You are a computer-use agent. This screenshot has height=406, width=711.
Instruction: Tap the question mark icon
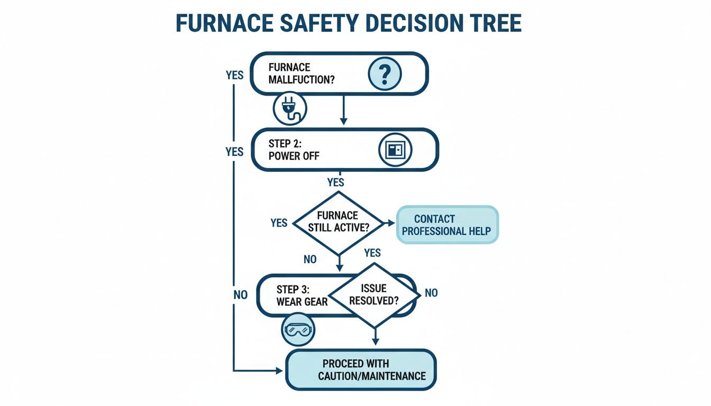[x=385, y=74]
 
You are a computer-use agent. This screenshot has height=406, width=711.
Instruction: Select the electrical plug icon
[x=290, y=108]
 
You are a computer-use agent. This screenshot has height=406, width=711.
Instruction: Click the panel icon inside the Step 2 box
[x=395, y=150]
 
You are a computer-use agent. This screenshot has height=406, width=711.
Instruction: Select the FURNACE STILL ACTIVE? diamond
[x=338, y=222]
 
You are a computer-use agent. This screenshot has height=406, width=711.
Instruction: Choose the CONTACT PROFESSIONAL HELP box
[x=447, y=225]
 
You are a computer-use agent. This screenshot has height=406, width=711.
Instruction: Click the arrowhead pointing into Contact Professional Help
[x=391, y=223]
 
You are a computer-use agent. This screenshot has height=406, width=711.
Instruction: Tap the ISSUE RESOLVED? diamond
[x=374, y=295]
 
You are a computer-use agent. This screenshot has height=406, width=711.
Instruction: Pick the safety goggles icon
[x=298, y=330]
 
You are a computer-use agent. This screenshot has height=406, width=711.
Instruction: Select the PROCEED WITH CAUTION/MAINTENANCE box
[x=361, y=370]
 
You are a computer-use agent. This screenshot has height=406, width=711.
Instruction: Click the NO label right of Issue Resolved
[x=431, y=293]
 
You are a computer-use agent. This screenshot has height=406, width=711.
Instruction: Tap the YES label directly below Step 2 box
[x=335, y=182]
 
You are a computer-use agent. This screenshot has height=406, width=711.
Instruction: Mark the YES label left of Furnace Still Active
[x=279, y=223]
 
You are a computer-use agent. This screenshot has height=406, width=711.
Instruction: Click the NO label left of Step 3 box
[x=240, y=295]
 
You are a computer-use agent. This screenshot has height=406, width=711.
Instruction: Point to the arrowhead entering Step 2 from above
[x=344, y=121]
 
